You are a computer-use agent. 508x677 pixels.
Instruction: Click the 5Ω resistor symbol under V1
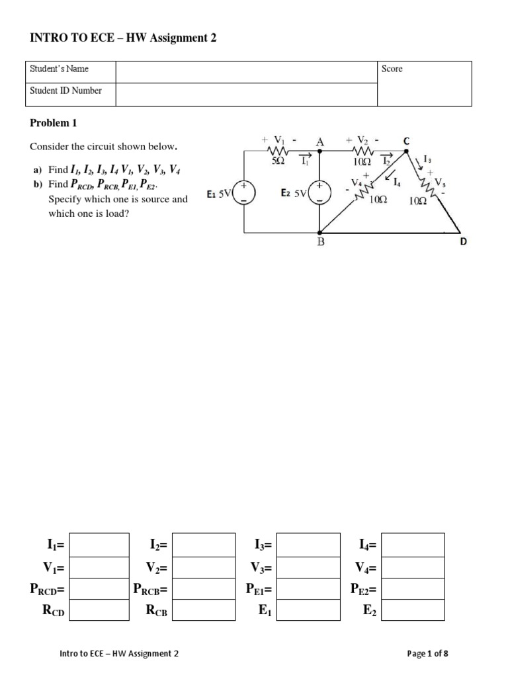[x=278, y=151]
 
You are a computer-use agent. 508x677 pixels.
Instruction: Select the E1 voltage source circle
[x=245, y=192]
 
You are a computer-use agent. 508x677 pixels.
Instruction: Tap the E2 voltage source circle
[x=320, y=192]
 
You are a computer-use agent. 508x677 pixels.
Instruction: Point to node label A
[x=320, y=141]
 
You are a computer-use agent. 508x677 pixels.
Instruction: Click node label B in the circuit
[x=321, y=242]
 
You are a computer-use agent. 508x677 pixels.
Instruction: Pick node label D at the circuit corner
[x=463, y=242]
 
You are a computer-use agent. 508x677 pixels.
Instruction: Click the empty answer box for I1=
[x=99, y=545]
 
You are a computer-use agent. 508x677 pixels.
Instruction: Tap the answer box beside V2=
[x=204, y=567]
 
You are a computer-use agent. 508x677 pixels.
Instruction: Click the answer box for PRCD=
[x=99, y=588]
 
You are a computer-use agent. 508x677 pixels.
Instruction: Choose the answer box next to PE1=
[x=308, y=588]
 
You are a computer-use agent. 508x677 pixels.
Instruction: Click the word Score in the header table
[x=392, y=69]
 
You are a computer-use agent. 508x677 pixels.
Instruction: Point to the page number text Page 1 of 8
[x=428, y=654]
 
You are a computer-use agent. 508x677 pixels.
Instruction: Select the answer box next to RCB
[x=204, y=610]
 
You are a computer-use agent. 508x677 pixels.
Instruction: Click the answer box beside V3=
[x=308, y=567]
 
